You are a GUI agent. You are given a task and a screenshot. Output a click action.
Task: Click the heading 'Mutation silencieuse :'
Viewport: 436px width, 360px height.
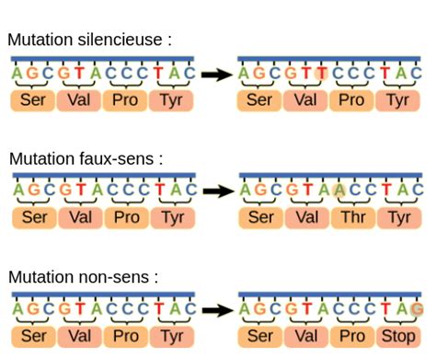coord(89,41)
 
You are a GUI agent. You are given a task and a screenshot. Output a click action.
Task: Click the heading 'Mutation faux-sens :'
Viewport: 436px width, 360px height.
coord(86,158)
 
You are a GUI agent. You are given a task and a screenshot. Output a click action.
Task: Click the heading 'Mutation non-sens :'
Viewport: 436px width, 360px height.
coord(83,276)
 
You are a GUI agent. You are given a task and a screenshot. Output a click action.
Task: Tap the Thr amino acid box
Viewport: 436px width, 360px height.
coord(352,216)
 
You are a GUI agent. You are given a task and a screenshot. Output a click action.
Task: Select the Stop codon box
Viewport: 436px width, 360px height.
coord(398,335)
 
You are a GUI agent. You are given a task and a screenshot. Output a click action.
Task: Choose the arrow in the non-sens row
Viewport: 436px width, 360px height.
coord(217,309)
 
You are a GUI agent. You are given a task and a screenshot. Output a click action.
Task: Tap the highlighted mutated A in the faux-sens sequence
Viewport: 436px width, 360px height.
coord(339,191)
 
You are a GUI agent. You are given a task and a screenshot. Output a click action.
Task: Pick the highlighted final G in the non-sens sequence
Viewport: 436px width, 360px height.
coord(418,308)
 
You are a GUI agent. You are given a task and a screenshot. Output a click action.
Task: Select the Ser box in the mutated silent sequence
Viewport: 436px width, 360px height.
coord(260,99)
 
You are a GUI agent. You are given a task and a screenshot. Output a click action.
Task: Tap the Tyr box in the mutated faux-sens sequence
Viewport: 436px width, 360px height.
coord(398,216)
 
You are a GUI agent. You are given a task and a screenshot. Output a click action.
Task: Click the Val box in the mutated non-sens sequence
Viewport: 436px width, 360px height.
coord(306,335)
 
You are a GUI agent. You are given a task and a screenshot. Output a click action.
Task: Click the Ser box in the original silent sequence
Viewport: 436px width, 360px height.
coord(34,99)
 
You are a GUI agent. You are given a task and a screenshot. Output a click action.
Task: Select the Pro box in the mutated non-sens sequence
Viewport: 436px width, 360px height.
coord(352,335)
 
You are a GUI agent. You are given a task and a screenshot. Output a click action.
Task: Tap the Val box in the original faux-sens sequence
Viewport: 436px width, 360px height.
coord(80,216)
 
